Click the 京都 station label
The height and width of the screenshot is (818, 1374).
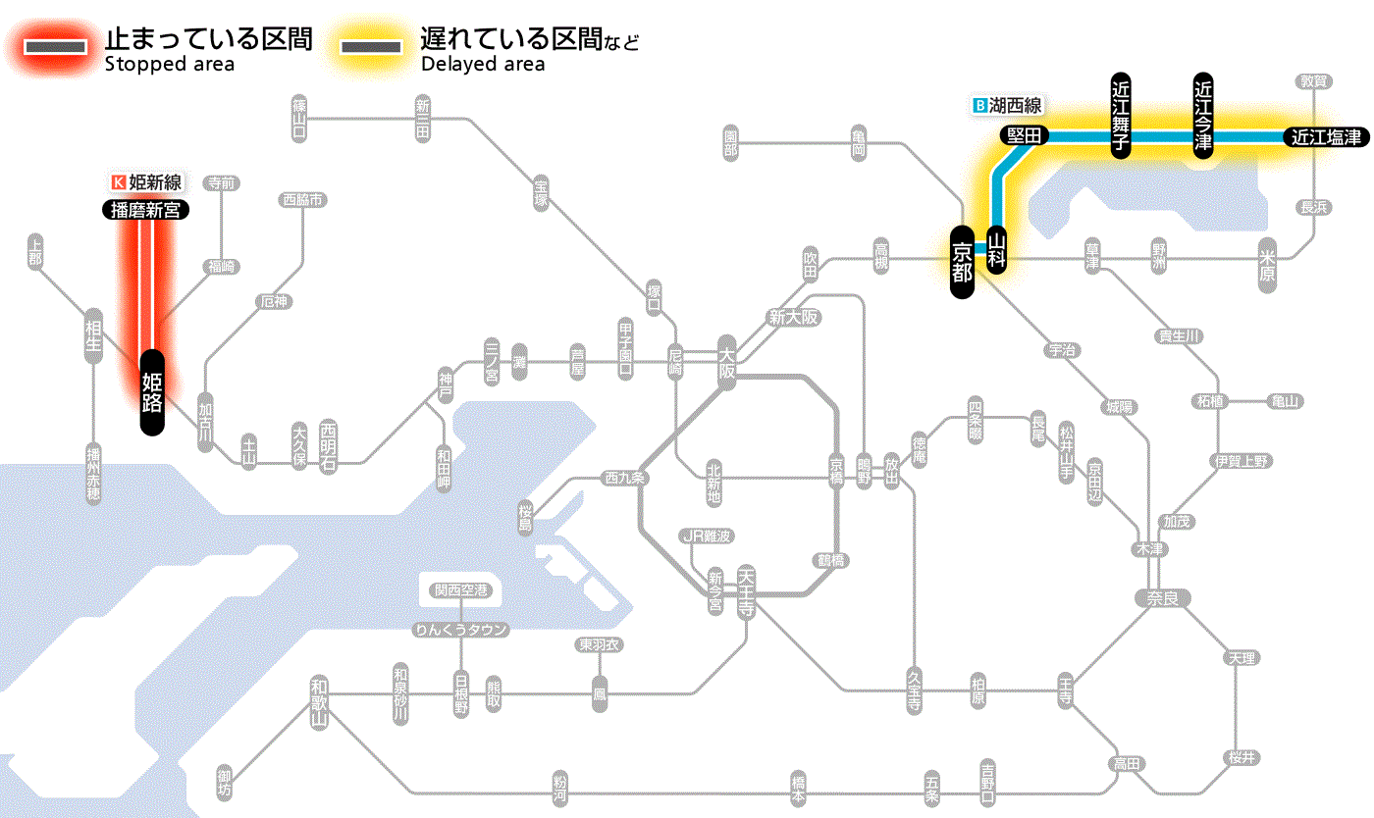[x=962, y=261]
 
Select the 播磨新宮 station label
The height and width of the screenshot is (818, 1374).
[x=146, y=209]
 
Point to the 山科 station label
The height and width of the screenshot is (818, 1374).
[x=997, y=250]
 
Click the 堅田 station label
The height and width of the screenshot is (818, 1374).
[x=1025, y=136]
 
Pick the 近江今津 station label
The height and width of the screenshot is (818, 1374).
[x=1203, y=115]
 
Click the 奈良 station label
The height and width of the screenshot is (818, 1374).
[x=1162, y=597]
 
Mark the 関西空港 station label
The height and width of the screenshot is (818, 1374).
[x=461, y=590]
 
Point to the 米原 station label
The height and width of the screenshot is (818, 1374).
[x=1268, y=267]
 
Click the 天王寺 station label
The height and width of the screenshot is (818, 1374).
[x=746, y=591]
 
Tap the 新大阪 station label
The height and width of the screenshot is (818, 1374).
[x=793, y=318]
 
